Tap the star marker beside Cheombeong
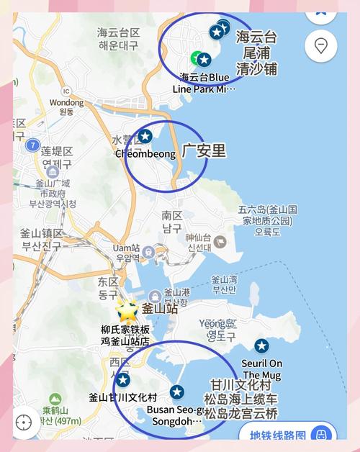pos(145,135)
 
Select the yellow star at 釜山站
pos(128,310)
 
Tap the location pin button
pos(320,46)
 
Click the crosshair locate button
pos(24,422)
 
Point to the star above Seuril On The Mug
pos(261,345)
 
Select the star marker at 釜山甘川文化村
pos(123,379)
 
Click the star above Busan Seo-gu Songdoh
pos(177,392)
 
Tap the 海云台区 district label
pos(118,32)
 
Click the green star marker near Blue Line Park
pos(195,58)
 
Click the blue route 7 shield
pos(32,145)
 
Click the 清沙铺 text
pos(256,70)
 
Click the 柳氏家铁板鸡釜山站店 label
pos(125,335)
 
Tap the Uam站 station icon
pos(148,251)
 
